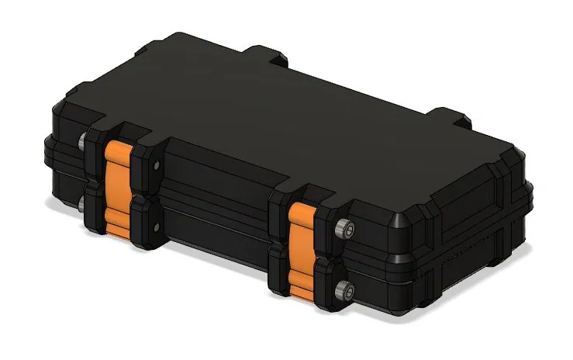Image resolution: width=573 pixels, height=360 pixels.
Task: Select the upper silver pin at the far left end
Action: (x=81, y=142)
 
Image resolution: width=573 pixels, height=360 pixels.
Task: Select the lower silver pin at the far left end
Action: (x=81, y=205)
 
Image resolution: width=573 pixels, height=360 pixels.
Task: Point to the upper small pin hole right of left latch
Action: (x=155, y=165)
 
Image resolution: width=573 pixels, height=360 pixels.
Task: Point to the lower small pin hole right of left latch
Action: (x=155, y=227)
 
